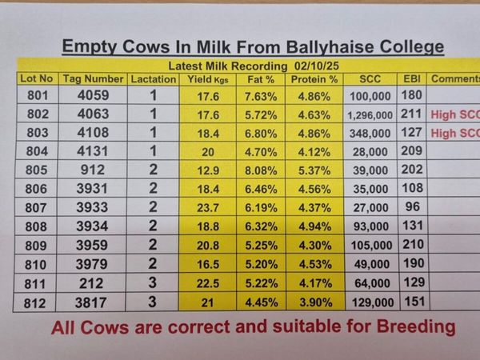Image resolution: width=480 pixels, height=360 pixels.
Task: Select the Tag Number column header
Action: [93, 79]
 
